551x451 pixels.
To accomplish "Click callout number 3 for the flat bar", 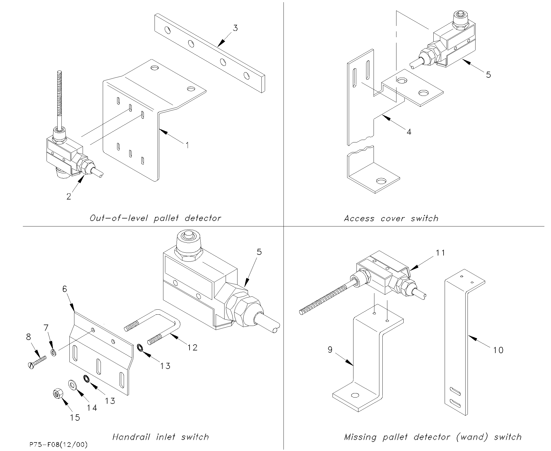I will pos(235,28).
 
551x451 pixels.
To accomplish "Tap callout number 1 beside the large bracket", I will pos(187,145).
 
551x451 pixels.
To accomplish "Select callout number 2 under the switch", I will pos(69,196).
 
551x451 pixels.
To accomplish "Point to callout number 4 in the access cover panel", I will pos(409,132).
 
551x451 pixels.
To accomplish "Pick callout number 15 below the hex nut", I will pos(75,418).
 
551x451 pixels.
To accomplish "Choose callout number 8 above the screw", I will pos(29,337).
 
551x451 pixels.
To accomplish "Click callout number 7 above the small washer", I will pos(46,328).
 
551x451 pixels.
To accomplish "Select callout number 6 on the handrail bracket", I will pos(64,289).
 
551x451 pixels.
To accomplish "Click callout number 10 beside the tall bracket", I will pos(498,350).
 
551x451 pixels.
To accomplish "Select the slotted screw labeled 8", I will pos(37,362).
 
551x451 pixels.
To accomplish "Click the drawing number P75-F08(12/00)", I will pos(58,445).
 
